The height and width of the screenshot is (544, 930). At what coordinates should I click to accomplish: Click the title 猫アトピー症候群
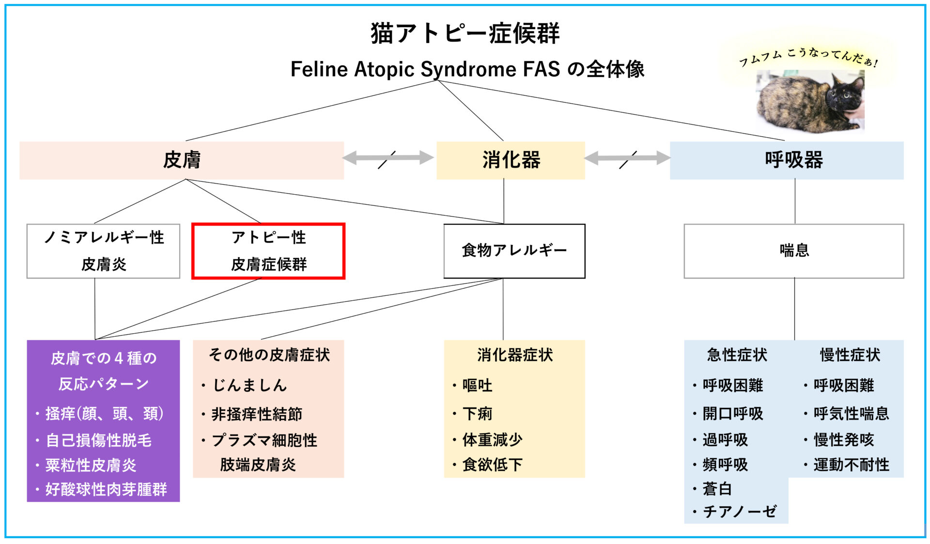coord(465,33)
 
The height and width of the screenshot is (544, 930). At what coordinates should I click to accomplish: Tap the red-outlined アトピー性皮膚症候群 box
coord(268,251)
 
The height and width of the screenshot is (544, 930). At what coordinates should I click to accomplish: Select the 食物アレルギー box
coord(514,251)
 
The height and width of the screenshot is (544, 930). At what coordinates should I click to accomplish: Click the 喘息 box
coord(793,251)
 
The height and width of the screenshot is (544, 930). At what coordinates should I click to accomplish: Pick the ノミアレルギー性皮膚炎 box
coord(103,251)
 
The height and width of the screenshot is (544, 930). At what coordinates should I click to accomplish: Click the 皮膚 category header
coord(182,160)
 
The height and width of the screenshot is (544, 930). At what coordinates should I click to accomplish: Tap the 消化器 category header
coord(511,160)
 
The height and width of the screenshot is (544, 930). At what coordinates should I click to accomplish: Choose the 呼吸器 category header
coord(793,160)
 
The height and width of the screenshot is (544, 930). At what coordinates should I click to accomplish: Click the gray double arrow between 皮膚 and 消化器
coord(388,157)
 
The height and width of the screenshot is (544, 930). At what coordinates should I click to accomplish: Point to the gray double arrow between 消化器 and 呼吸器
coord(627,157)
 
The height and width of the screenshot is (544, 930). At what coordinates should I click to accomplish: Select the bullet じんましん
coord(249,386)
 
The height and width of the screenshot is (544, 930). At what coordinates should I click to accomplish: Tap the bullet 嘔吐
coord(477,386)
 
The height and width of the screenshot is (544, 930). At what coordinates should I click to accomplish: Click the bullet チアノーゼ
coord(739,512)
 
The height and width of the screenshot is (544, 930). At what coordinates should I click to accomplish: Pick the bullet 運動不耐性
coord(851,465)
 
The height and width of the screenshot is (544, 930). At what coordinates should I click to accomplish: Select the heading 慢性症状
coord(850,355)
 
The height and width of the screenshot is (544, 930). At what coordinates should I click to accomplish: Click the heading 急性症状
coord(737,355)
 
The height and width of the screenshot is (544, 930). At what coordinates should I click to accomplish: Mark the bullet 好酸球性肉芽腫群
coord(106,490)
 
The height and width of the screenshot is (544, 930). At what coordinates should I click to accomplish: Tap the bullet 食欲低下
coord(492,465)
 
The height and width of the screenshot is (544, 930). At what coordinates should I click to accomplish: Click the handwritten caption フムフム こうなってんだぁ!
coord(808,57)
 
